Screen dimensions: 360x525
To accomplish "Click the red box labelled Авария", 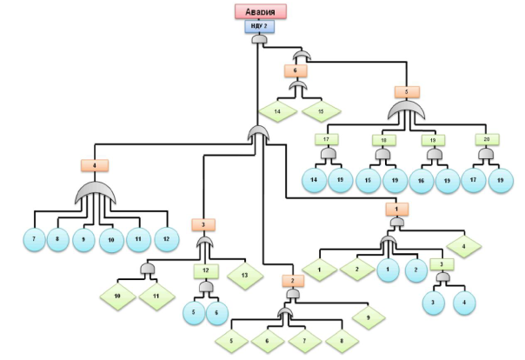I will coord(261,11).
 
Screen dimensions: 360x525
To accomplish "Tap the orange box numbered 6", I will coord(296,70).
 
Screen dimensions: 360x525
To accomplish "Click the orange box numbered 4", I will coord(93,164).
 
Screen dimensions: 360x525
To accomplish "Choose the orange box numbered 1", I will coord(395,209).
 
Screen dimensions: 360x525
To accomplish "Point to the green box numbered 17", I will coord(327,138).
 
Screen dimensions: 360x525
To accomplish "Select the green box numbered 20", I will coord(486,138).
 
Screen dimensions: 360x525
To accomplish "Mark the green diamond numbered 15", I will coord(319,111).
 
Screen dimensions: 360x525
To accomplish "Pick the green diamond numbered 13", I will coord(245,274).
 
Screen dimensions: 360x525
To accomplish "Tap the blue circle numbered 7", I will coord(34,237).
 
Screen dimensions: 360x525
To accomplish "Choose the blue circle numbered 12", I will coord(167,237).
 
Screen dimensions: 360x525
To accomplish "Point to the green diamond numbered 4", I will coord(464,246).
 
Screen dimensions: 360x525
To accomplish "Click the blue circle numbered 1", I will coord(387,270).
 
